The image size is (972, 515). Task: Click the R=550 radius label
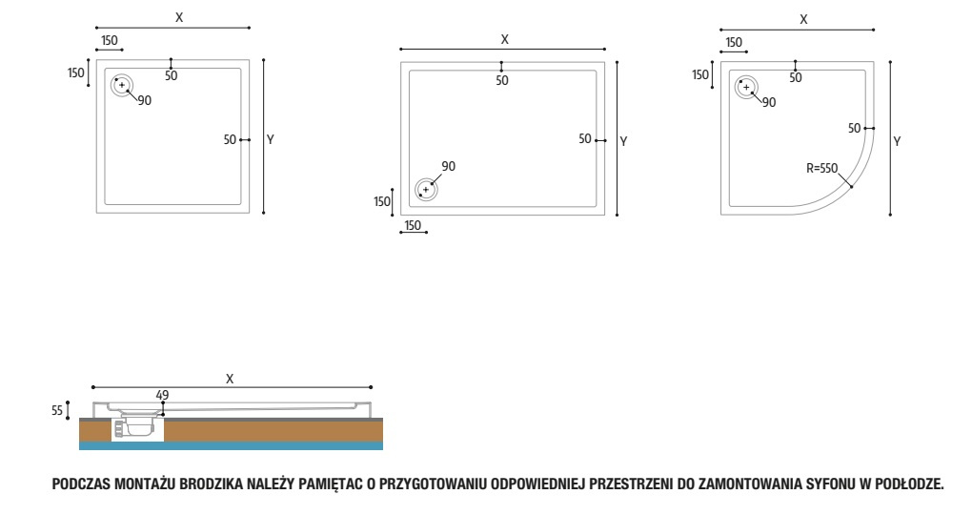[822, 168]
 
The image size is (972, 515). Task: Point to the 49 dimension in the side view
[162, 395]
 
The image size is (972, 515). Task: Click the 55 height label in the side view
[57, 411]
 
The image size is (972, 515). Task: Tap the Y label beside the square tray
[271, 140]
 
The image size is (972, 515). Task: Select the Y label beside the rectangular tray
[623, 142]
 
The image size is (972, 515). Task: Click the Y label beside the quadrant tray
[897, 142]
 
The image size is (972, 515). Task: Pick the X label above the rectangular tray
[505, 40]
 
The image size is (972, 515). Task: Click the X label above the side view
[230, 380]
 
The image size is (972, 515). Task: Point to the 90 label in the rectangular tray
[448, 166]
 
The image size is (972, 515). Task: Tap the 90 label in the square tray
[145, 100]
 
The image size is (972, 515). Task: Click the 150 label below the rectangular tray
[413, 225]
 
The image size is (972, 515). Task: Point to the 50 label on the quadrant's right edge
[854, 129]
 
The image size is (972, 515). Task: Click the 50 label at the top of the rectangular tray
[502, 81]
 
